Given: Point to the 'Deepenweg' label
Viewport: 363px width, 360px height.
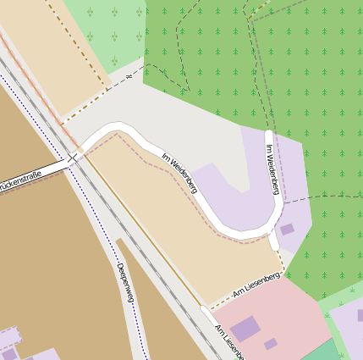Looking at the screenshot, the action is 125,285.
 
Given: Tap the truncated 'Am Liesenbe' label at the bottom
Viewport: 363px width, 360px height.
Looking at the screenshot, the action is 229,341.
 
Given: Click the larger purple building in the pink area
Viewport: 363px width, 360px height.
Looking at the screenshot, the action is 245,329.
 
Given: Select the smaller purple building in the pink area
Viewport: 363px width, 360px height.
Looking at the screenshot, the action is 270,344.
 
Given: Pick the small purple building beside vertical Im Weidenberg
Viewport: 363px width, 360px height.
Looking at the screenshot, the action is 287,229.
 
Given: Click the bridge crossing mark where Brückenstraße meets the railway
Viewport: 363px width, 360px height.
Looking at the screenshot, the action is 73,157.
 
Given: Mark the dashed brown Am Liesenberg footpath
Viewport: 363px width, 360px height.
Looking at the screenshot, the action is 245,293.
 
